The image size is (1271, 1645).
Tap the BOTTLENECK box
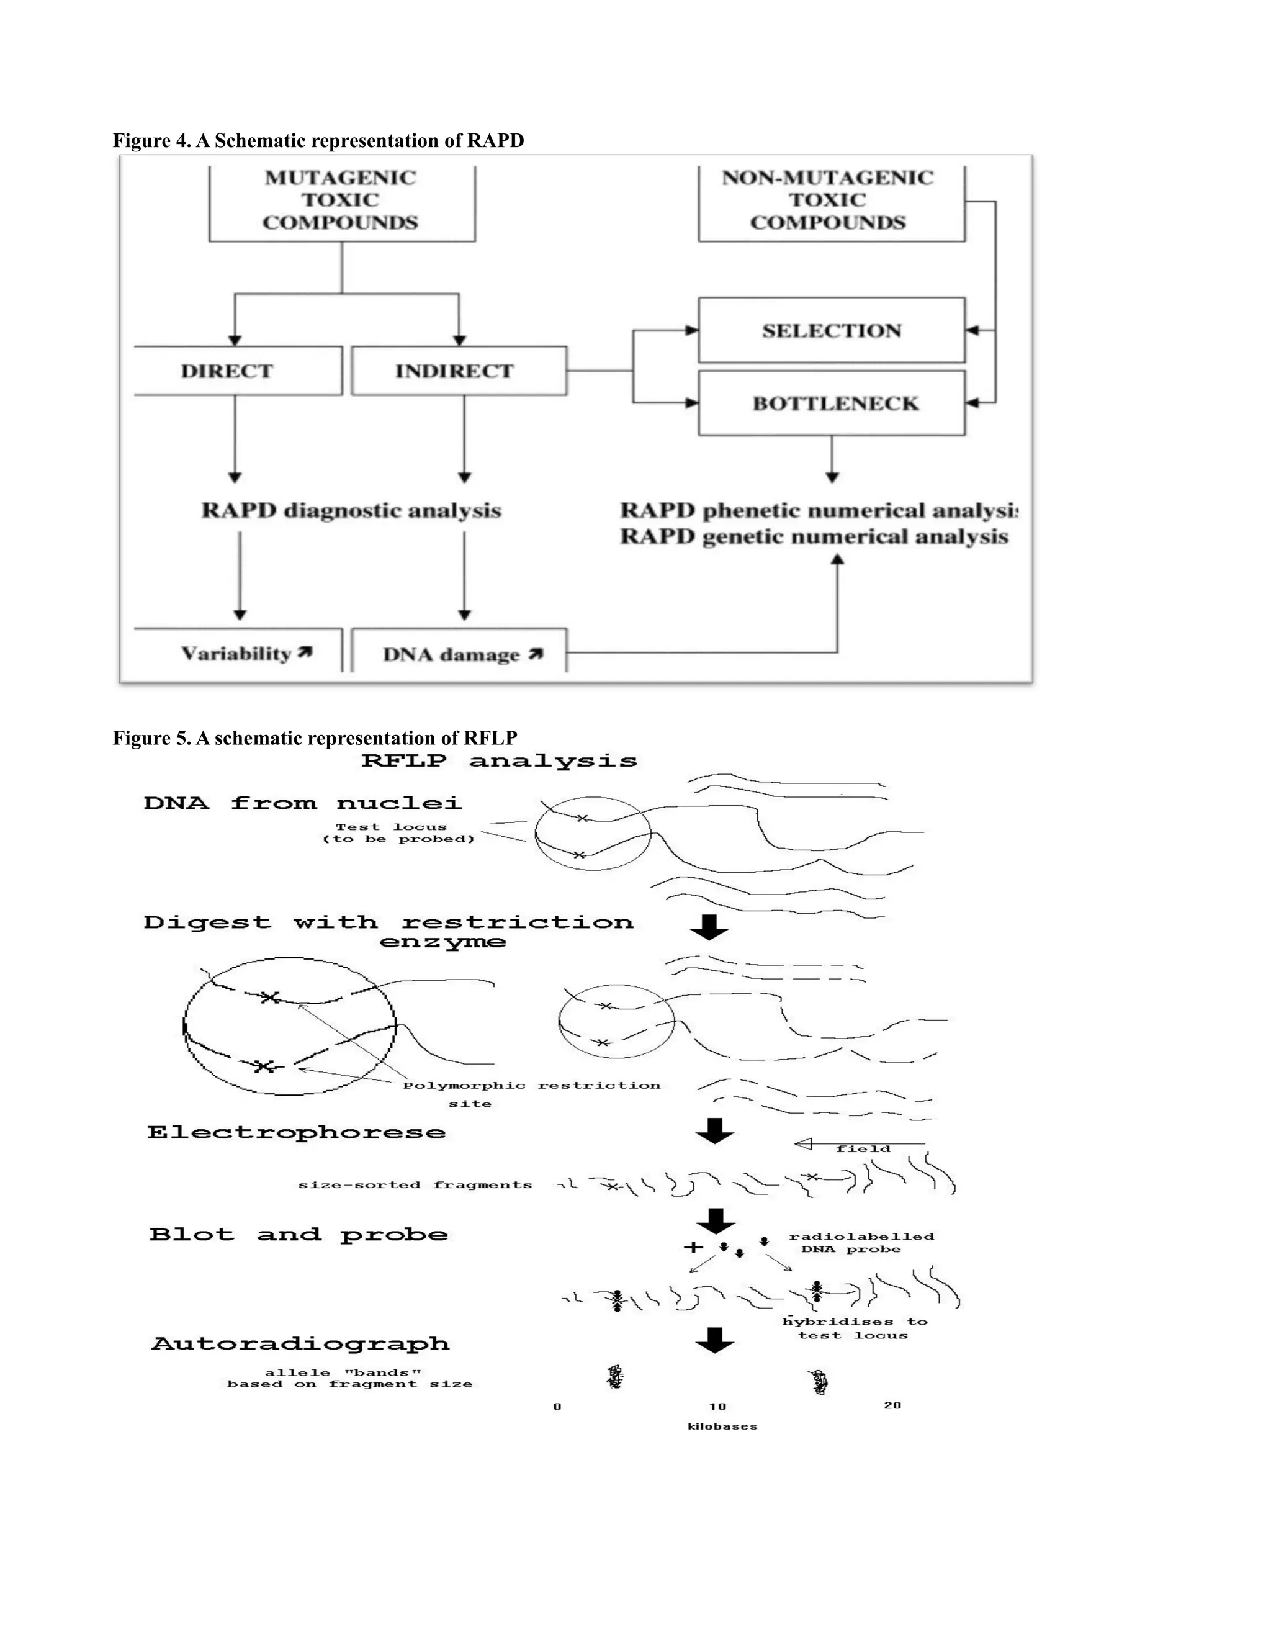pos(831,403)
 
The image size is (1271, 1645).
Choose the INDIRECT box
pos(458,371)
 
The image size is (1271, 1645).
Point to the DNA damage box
pos(459,653)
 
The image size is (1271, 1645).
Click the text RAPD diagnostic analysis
pos(351,511)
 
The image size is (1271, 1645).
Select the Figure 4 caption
pos(318,141)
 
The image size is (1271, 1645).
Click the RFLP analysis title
pos(499,761)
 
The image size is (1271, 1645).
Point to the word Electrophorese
pos(296,1133)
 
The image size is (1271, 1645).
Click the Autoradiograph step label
pos(300,1344)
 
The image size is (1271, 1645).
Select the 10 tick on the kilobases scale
pos(717,1406)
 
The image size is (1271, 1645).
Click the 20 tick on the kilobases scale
pos(892,1405)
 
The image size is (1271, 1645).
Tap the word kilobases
pos(722,1426)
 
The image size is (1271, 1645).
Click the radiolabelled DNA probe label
pos(860,1243)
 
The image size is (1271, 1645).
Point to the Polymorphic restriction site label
pos(531,1094)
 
